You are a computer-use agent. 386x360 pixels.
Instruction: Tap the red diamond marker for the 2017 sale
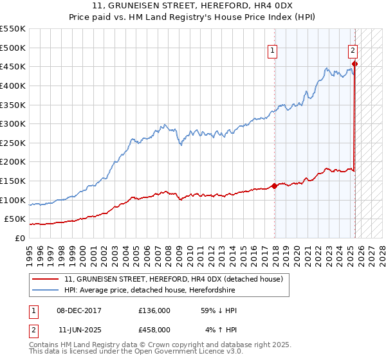[x=275, y=186]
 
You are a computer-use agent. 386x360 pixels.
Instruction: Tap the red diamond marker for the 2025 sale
[x=355, y=64]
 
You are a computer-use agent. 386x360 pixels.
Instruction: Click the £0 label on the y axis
[x=20, y=238]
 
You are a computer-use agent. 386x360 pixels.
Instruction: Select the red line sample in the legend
[x=45, y=280]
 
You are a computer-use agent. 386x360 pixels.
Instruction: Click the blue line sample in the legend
[x=45, y=291]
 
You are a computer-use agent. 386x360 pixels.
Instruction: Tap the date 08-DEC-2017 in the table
[x=79, y=310]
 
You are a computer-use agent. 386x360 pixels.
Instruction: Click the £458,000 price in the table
[x=154, y=329]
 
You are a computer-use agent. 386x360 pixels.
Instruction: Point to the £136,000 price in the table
[x=154, y=310]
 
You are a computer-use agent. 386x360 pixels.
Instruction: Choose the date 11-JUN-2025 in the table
[x=79, y=329]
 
